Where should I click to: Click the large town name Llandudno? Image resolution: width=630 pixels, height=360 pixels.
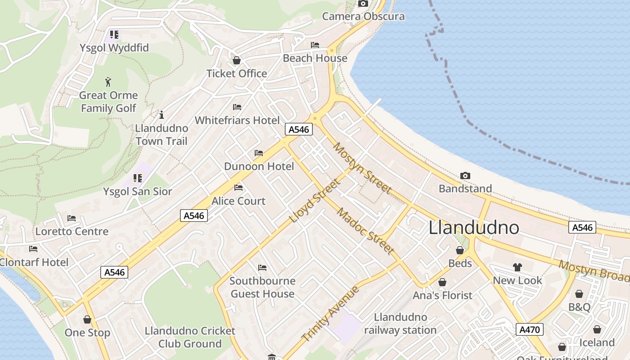coord(474,228)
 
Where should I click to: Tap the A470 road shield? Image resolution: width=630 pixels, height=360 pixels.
coord(529,329)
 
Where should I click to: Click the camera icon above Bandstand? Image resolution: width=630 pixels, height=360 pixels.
coord(465,175)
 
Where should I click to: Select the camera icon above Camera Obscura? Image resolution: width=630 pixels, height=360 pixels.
coord(363,4)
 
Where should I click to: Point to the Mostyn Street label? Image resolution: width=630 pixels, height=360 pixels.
coord(362,168)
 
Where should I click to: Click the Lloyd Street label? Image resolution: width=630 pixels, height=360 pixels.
coord(314,201)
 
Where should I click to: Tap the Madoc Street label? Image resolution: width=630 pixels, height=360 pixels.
coord(366,231)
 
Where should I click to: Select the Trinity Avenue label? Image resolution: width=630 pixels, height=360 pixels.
coord(331,314)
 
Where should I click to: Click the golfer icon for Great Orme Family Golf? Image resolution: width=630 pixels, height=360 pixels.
coord(108,82)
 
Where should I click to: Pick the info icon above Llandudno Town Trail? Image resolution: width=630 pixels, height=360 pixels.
coord(162,115)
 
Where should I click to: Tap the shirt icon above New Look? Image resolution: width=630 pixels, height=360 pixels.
coord(517,267)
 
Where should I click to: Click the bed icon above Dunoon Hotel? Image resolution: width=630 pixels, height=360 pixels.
coord(259,153)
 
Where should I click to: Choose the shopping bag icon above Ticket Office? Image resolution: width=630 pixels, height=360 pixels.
coord(237,60)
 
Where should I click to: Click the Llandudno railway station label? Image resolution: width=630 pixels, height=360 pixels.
coord(400,324)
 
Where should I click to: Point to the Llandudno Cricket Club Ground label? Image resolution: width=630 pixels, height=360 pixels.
coord(189,337)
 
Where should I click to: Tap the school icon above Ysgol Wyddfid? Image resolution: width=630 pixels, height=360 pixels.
coord(114,34)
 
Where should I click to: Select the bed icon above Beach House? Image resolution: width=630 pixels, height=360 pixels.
coord(315,45)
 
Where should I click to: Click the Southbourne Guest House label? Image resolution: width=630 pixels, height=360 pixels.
coord(262,287)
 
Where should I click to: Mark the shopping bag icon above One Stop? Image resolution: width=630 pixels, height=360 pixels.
coord(87,319)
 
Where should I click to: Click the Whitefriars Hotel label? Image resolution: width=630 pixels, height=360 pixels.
coord(237,120)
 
